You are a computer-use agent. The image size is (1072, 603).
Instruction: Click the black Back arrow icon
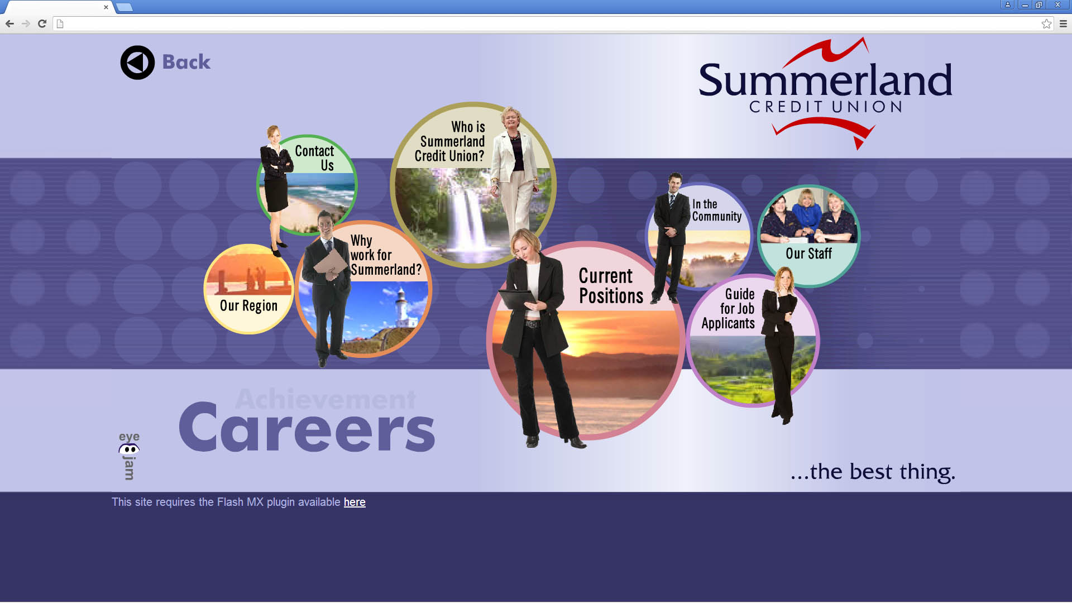pos(137,63)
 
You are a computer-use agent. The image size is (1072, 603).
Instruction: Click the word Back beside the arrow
pos(186,62)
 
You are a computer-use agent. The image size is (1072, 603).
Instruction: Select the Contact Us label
pos(315,158)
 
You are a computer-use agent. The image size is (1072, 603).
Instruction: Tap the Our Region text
pos(248,306)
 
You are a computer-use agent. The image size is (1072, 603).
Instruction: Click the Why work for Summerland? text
pos(386,255)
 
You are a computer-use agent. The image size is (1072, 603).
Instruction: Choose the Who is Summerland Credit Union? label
pos(450,142)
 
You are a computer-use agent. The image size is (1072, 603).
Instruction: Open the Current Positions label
pos(611,285)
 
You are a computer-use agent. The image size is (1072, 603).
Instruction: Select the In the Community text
pos(717,210)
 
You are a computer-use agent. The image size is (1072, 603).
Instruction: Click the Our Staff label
pos(808,253)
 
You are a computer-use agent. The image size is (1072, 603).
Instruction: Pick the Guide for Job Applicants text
pos(728,309)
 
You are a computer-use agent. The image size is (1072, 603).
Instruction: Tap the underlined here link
pos(355,502)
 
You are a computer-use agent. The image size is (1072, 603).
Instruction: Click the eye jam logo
pos(129,456)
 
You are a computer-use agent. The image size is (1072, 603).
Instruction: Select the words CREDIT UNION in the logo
pos(825,107)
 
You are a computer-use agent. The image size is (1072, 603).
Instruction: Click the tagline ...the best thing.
pos(873,472)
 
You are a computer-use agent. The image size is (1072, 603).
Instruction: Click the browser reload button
pos(42,23)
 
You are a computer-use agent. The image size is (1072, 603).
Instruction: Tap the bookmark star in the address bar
pos(1046,23)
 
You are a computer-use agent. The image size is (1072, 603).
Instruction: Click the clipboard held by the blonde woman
pos(517,299)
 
